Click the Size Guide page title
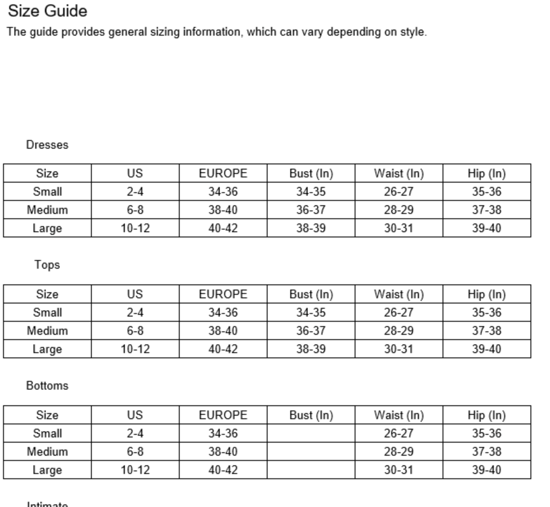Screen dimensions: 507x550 click(47, 11)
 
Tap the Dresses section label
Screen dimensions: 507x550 click(47, 145)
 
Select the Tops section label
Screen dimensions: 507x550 click(47, 265)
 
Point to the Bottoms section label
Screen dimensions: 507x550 click(47, 386)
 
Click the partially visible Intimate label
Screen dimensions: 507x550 click(47, 504)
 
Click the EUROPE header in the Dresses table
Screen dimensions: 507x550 click(223, 173)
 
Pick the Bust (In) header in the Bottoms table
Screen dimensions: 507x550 click(311, 415)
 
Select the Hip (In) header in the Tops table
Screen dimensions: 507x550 click(486, 294)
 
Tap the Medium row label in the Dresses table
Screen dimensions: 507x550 click(47, 210)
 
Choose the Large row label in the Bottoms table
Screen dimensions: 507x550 click(47, 470)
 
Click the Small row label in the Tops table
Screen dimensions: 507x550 click(47, 313)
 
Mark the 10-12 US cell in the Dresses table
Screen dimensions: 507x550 click(135, 228)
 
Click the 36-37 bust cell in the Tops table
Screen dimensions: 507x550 click(311, 331)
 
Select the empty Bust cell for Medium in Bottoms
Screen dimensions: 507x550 click(311, 452)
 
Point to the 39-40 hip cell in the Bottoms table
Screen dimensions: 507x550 click(486, 470)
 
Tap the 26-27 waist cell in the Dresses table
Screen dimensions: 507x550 click(399, 192)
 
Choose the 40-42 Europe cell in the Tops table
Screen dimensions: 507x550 click(223, 349)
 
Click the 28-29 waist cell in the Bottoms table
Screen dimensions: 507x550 click(399, 452)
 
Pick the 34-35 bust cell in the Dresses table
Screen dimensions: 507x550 click(311, 192)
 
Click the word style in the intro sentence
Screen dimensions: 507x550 click(413, 32)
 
